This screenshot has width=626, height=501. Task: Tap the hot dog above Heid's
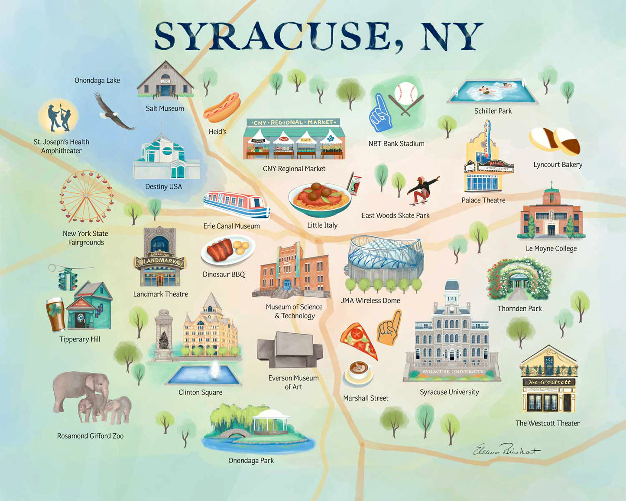click(x=222, y=107)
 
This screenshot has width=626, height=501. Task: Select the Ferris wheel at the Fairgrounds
click(x=86, y=197)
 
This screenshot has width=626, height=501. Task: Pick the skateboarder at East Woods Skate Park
click(x=422, y=190)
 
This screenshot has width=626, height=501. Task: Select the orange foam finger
click(x=390, y=328)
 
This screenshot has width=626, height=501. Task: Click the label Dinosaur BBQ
click(x=224, y=274)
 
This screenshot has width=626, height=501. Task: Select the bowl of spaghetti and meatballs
click(x=320, y=198)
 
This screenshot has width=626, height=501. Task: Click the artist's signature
click(x=506, y=450)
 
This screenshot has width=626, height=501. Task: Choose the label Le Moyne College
click(x=551, y=248)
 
